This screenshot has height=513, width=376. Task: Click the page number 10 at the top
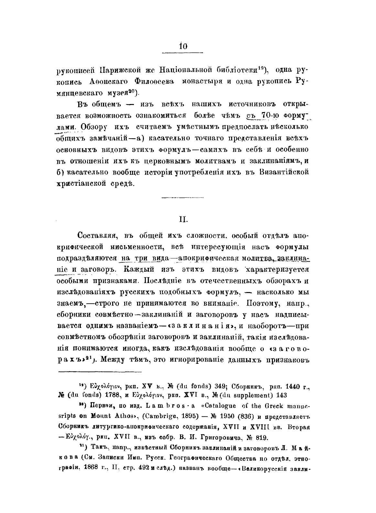pos(182,46)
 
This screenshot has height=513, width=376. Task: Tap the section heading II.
pos(182,220)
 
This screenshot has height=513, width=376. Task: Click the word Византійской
pos(284,172)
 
